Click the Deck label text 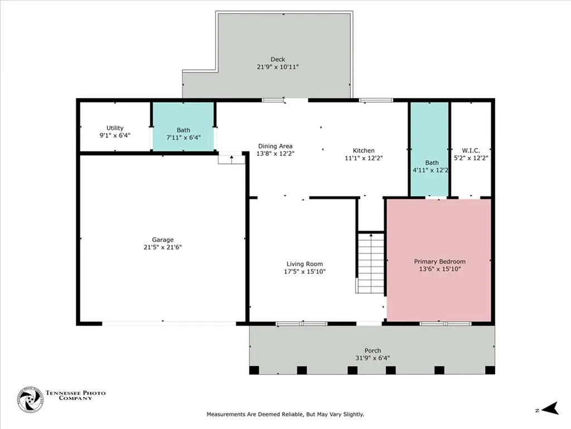278,59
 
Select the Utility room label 115,128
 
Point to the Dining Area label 274,146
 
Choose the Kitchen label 364,150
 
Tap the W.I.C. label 471,150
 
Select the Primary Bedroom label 439,261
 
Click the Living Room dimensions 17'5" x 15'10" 304,271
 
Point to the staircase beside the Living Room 370,263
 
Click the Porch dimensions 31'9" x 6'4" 372,358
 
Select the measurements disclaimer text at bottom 285,414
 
